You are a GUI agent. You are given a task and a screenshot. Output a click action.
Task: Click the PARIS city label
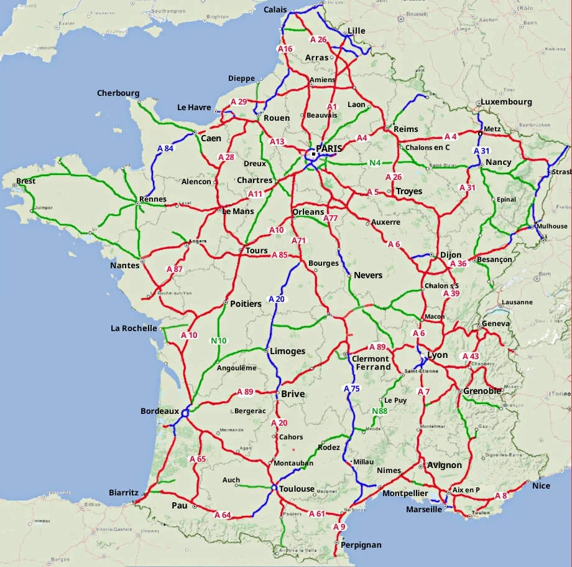pos(330,149)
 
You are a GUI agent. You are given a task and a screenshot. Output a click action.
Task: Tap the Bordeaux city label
pos(159,411)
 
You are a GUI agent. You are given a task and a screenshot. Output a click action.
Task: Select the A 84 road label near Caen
pos(165,148)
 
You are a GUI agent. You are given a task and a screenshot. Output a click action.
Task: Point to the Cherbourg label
pos(118,93)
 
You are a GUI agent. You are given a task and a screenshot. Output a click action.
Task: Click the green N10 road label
pos(218,340)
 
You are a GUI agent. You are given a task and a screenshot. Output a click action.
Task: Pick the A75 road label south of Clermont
pos(351,388)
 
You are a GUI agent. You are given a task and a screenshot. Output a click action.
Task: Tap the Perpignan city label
pos(361,545)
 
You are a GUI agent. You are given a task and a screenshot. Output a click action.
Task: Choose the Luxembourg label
pos(505,102)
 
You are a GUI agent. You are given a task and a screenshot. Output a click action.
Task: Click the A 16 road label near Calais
pos(285,49)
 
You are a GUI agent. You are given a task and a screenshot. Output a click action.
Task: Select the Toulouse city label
pos(297,489)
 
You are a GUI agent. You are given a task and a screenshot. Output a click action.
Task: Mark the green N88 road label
pos(379,411)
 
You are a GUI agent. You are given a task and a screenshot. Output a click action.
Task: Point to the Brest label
pos(26,181)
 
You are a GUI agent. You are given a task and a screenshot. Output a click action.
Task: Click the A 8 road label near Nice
pos(500,495)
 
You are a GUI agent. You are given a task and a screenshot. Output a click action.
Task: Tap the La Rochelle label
pos(134,328)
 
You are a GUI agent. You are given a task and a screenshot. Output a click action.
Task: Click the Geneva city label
pos(496,324)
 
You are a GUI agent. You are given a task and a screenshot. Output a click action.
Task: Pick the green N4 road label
pos(375,164)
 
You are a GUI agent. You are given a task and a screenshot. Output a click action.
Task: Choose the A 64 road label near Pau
pos(222,515)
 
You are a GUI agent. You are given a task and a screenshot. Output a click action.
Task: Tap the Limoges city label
pos(287,351)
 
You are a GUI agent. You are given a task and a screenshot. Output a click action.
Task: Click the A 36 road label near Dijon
pos(458,264)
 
